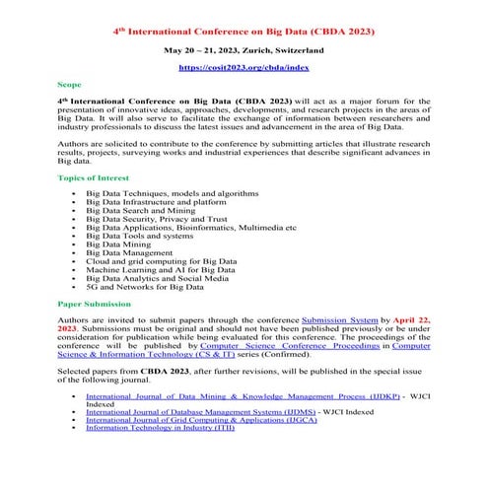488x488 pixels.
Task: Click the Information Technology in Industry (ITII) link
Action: [x=160, y=427]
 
